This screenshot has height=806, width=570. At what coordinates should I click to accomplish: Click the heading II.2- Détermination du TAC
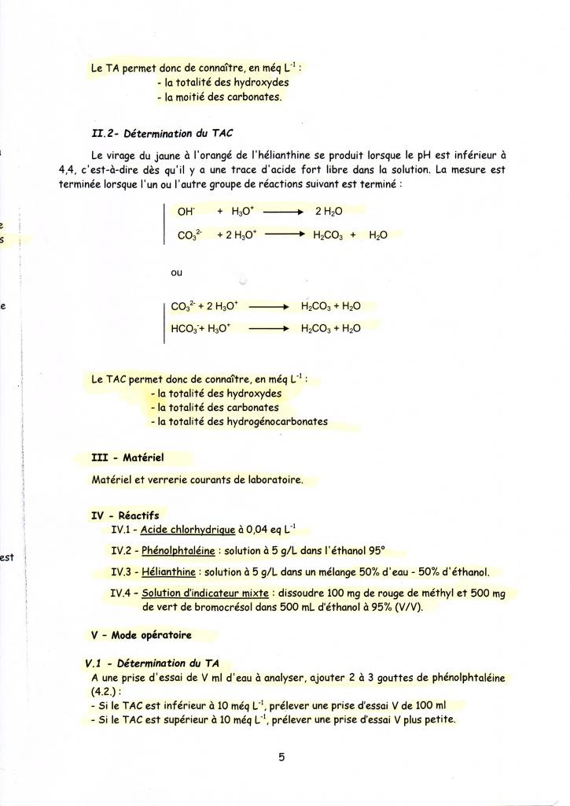[x=163, y=132]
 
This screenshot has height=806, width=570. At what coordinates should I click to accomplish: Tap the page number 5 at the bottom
[x=281, y=757]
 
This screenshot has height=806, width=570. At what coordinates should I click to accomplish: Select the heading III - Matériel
[x=127, y=457]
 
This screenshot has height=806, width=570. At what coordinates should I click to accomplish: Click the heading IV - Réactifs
[x=125, y=516]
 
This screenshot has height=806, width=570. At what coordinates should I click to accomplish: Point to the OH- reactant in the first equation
[x=186, y=212]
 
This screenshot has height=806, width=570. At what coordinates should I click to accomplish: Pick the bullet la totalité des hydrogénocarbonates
[x=239, y=421]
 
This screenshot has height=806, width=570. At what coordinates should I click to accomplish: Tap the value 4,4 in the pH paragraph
[x=68, y=169]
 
